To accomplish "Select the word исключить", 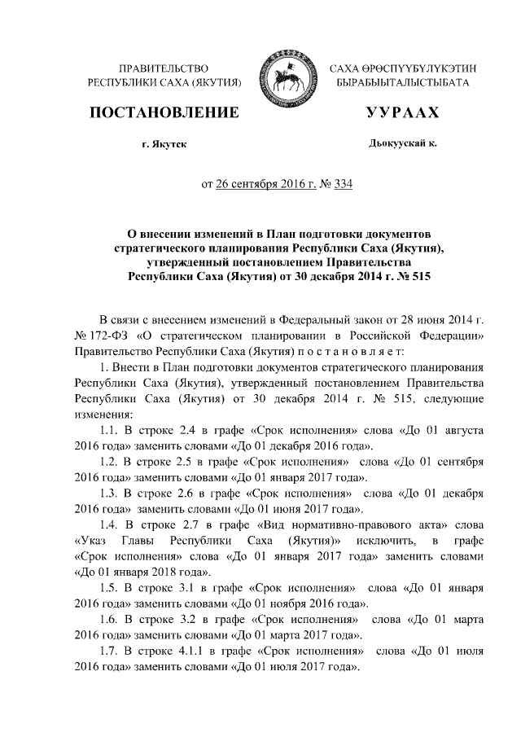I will pos(382,541).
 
